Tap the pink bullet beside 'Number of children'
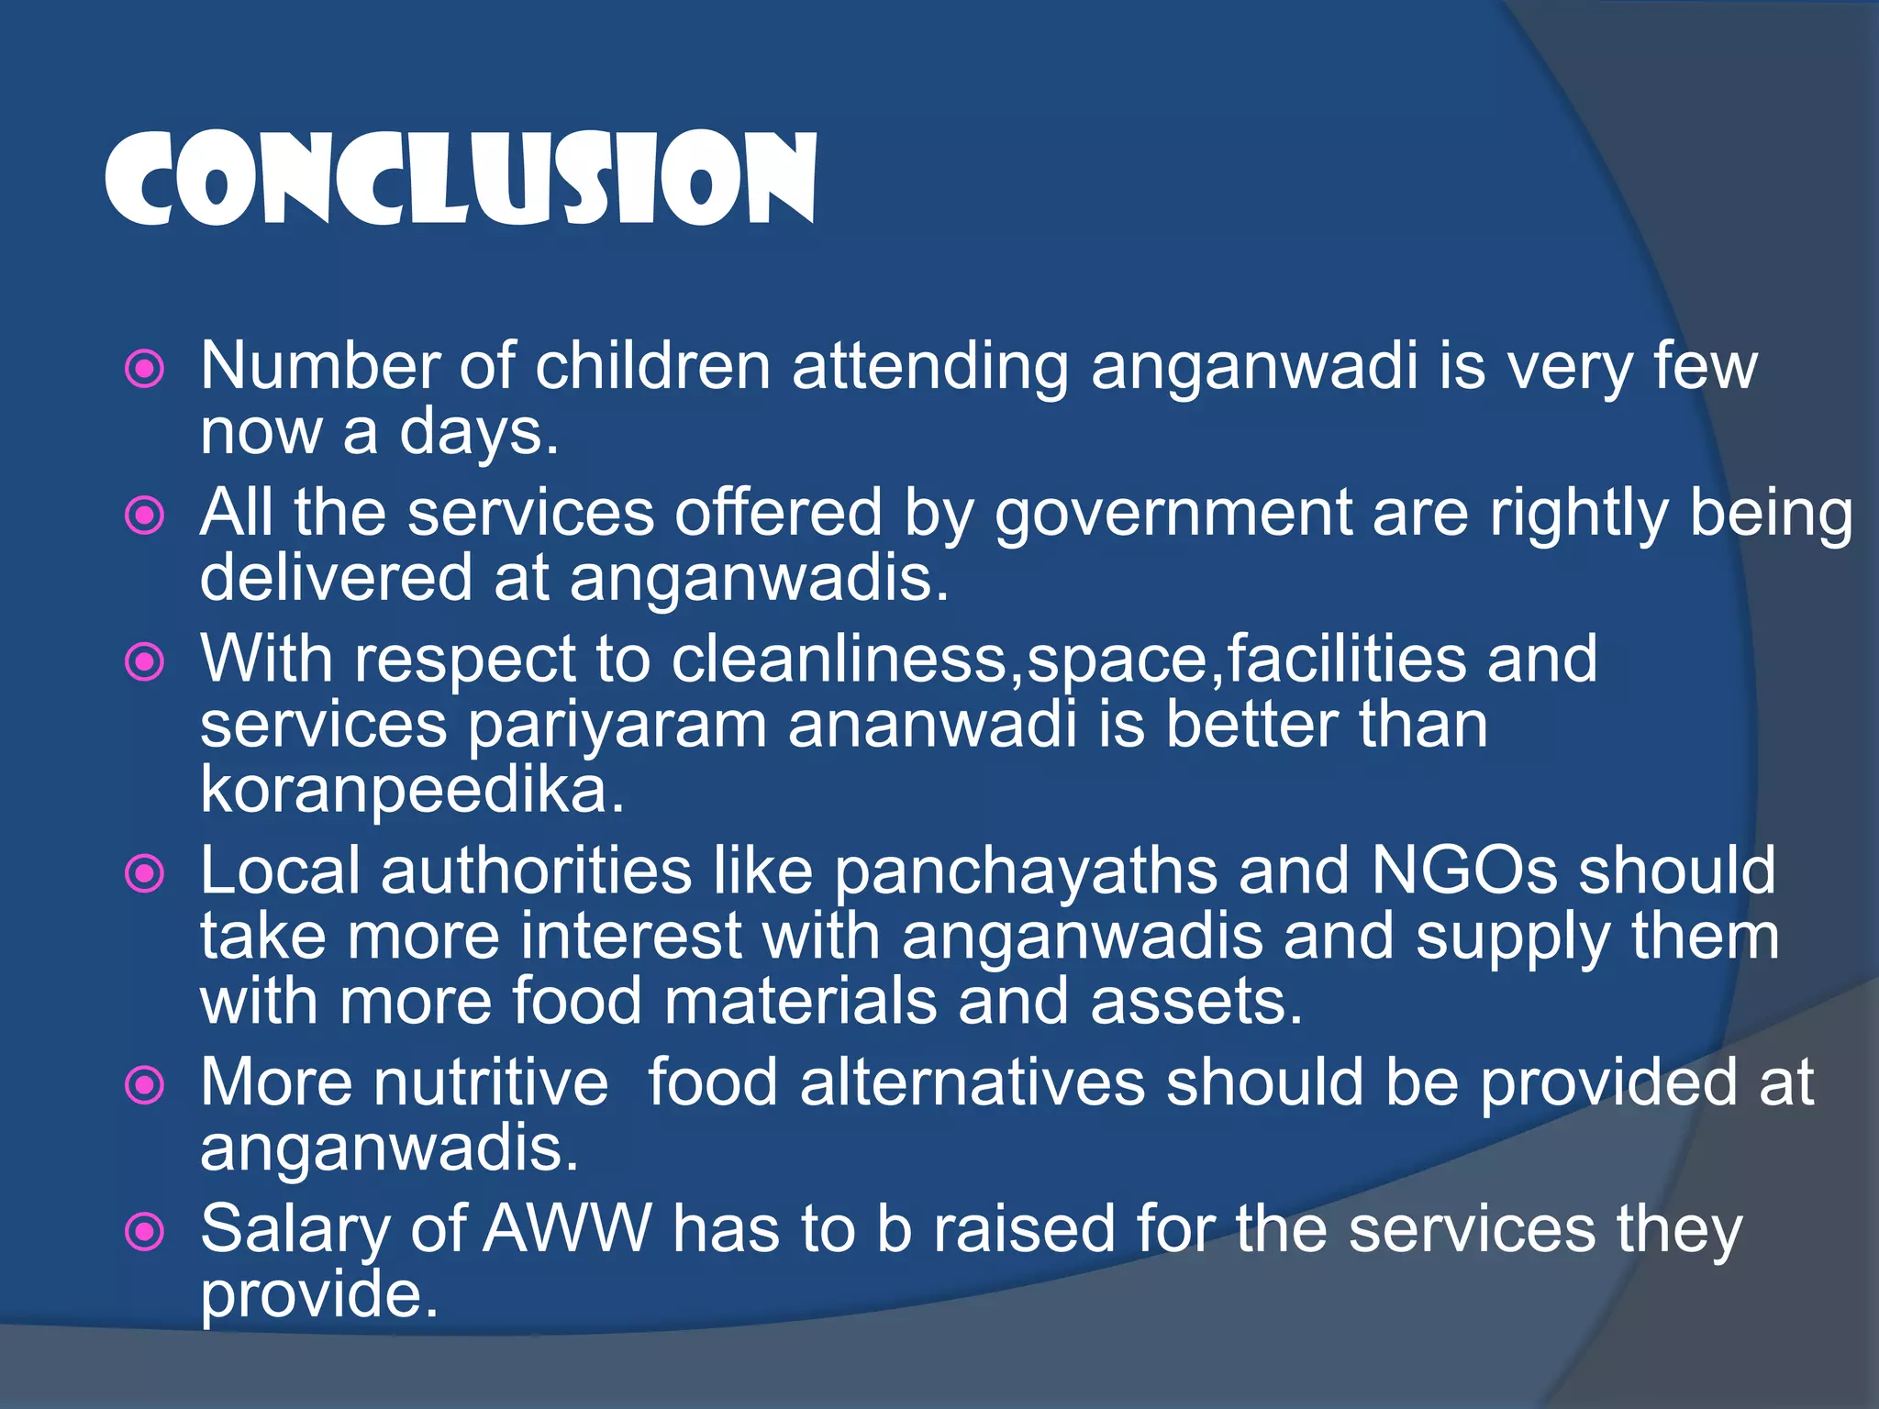(144, 370)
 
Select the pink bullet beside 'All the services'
(144, 516)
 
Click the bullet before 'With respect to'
(144, 661)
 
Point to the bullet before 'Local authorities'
(144, 873)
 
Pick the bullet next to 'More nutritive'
(144, 1086)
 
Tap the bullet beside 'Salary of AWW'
(144, 1232)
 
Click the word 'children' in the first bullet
(652, 366)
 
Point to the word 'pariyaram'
(617, 726)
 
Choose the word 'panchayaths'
(1026, 871)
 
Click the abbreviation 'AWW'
(568, 1229)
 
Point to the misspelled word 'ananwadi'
(932, 726)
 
